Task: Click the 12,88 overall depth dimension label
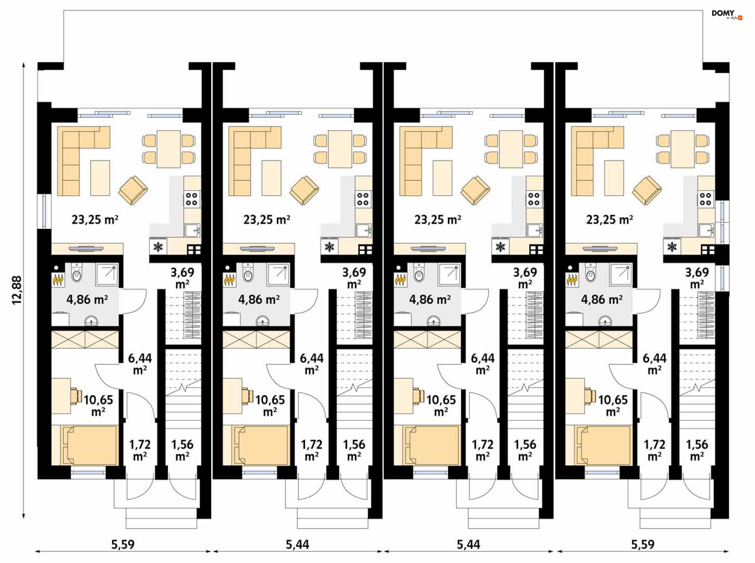tap(17, 290)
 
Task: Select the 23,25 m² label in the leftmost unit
tap(95, 219)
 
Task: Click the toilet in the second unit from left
tap(248, 272)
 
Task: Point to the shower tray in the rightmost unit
tap(621, 274)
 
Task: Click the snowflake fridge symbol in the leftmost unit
tap(158, 247)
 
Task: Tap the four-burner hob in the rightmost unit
tap(705, 199)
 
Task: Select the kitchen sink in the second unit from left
tap(364, 230)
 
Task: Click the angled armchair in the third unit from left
tap(475, 190)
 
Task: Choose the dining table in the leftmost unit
tap(169, 149)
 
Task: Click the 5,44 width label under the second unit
tap(297, 545)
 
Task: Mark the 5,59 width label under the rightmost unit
tap(643, 545)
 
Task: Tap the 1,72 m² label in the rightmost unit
tap(654, 450)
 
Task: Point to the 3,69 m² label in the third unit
tap(525, 278)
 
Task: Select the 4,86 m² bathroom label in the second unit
tap(259, 300)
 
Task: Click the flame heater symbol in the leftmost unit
tap(58, 280)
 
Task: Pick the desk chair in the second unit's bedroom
tap(247, 396)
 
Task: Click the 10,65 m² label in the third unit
tap(441, 405)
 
